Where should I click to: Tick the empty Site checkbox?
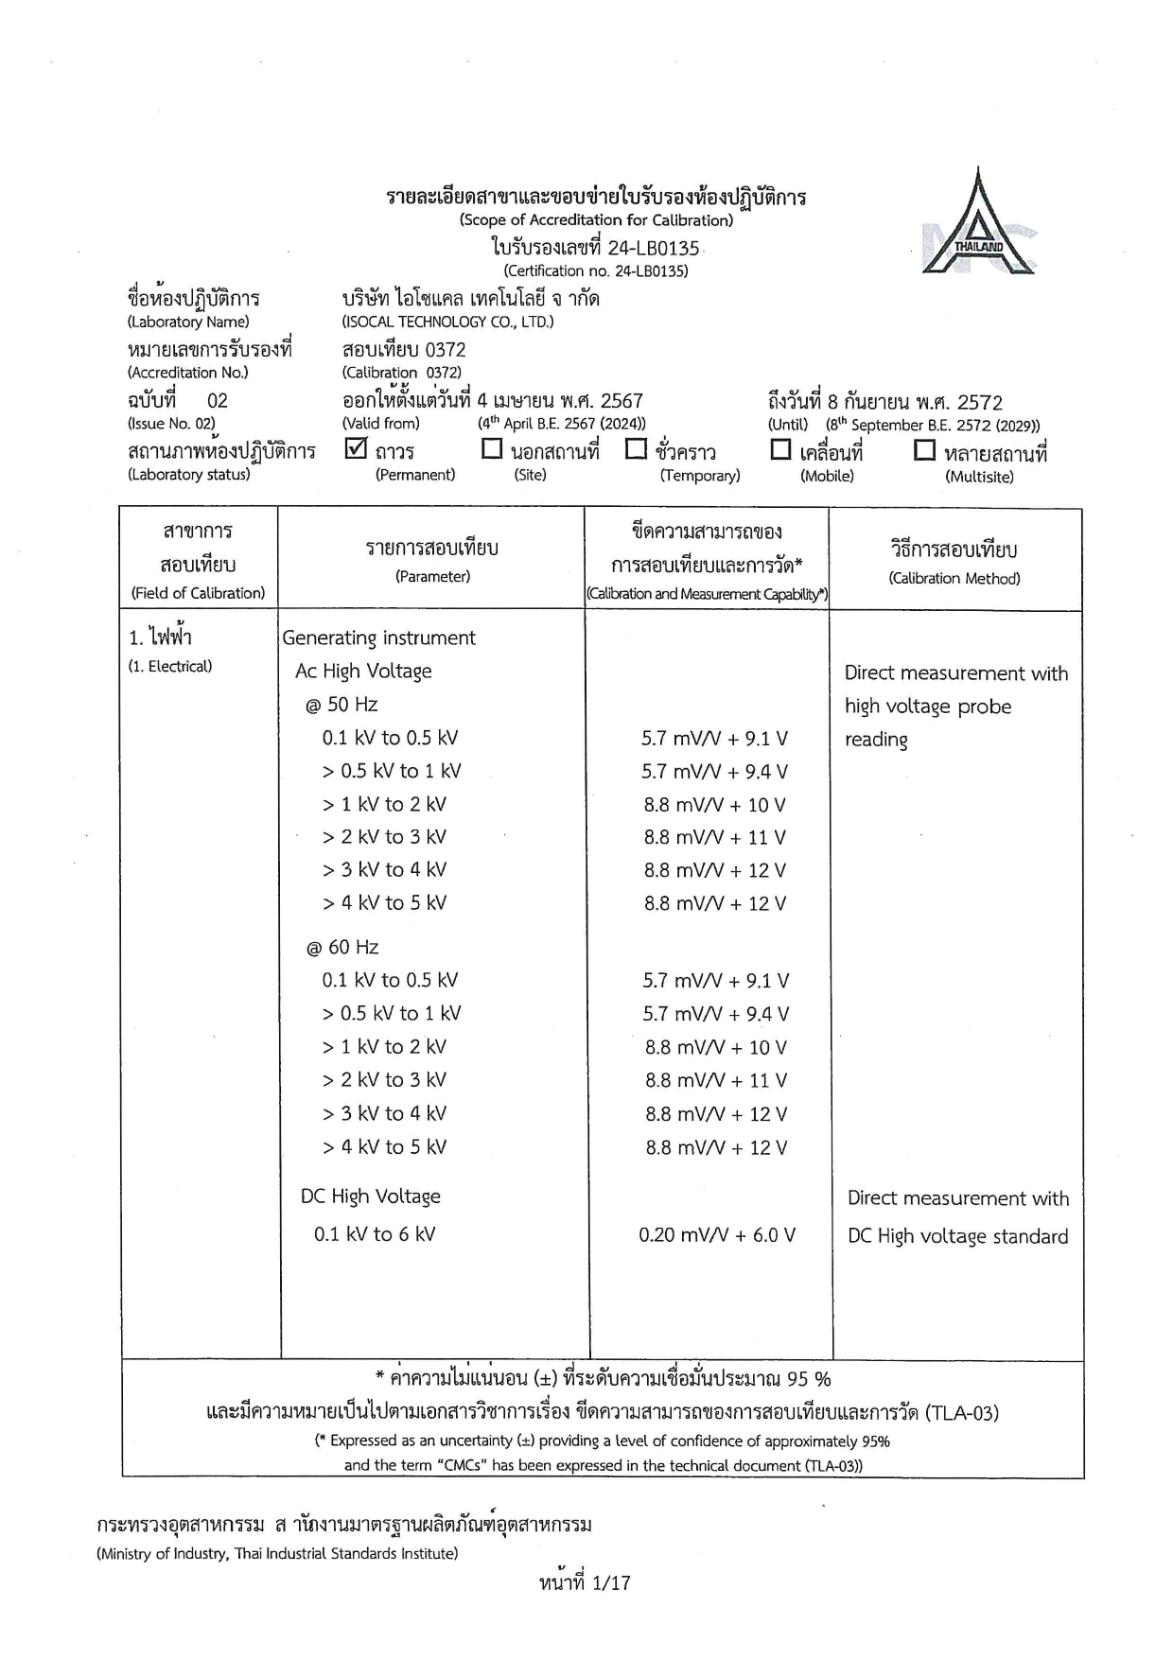(492, 449)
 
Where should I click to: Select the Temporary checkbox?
(636, 449)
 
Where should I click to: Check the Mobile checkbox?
(780, 450)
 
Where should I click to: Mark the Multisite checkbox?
(924, 450)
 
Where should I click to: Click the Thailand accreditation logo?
(979, 224)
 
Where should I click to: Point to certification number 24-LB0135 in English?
(596, 271)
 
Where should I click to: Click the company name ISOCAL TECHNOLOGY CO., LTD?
(447, 322)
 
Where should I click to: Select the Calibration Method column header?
(954, 578)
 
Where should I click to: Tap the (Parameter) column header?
(432, 576)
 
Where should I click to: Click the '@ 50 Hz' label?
(341, 705)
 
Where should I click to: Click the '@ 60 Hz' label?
(341, 948)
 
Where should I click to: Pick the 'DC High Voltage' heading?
(371, 1196)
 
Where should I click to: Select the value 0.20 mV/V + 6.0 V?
(716, 1235)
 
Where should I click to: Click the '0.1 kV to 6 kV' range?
(375, 1234)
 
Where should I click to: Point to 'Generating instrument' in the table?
(378, 638)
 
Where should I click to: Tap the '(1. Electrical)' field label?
(170, 667)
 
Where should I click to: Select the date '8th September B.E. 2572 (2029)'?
(932, 426)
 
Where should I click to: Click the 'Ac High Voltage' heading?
(363, 672)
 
